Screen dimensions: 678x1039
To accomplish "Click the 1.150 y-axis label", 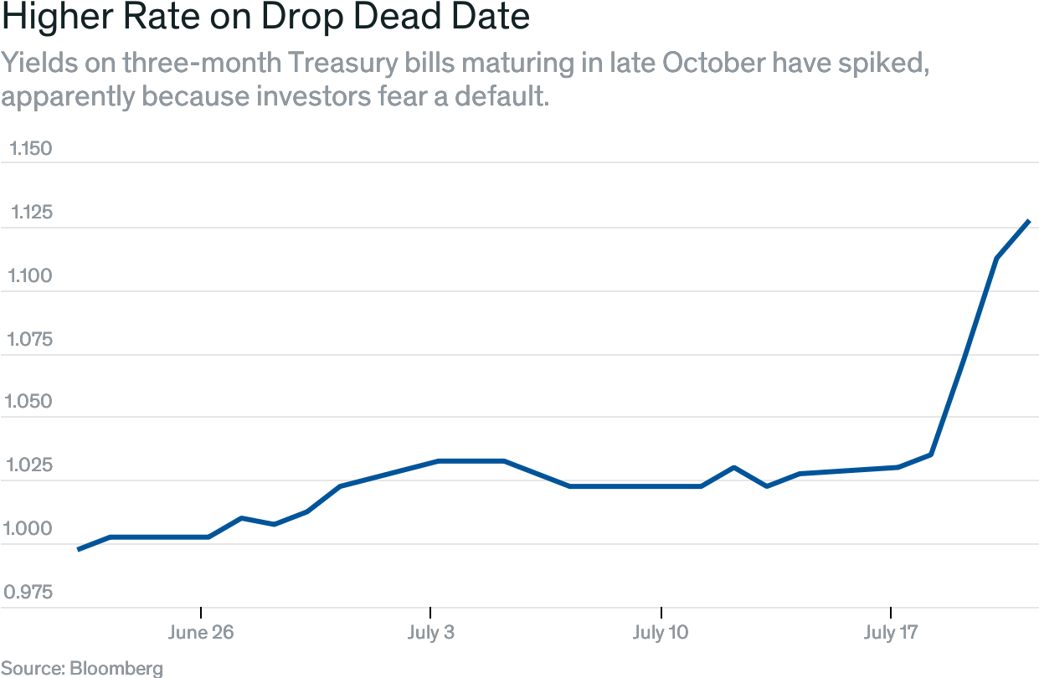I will [30, 149].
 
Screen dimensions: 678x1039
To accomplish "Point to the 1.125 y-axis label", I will [30, 213].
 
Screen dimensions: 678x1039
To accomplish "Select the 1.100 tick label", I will [30, 276].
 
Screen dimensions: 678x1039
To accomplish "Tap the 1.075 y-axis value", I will [30, 340].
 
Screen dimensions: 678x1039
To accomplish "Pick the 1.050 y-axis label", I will [30, 402].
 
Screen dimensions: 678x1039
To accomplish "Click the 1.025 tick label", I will [30, 465].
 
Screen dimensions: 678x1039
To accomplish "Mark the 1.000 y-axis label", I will [30, 529].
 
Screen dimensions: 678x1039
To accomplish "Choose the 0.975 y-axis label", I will [30, 593].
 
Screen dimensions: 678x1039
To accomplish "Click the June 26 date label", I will [201, 632].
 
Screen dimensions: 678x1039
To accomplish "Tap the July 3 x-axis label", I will [431, 632].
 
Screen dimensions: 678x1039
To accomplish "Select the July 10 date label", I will [661, 632].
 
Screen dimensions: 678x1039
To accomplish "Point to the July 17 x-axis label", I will [891, 632].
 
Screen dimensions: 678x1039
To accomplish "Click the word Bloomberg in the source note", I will [116, 668].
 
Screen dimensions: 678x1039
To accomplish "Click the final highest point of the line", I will [1028, 222].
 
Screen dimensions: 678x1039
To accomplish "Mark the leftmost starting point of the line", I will [79, 549].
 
